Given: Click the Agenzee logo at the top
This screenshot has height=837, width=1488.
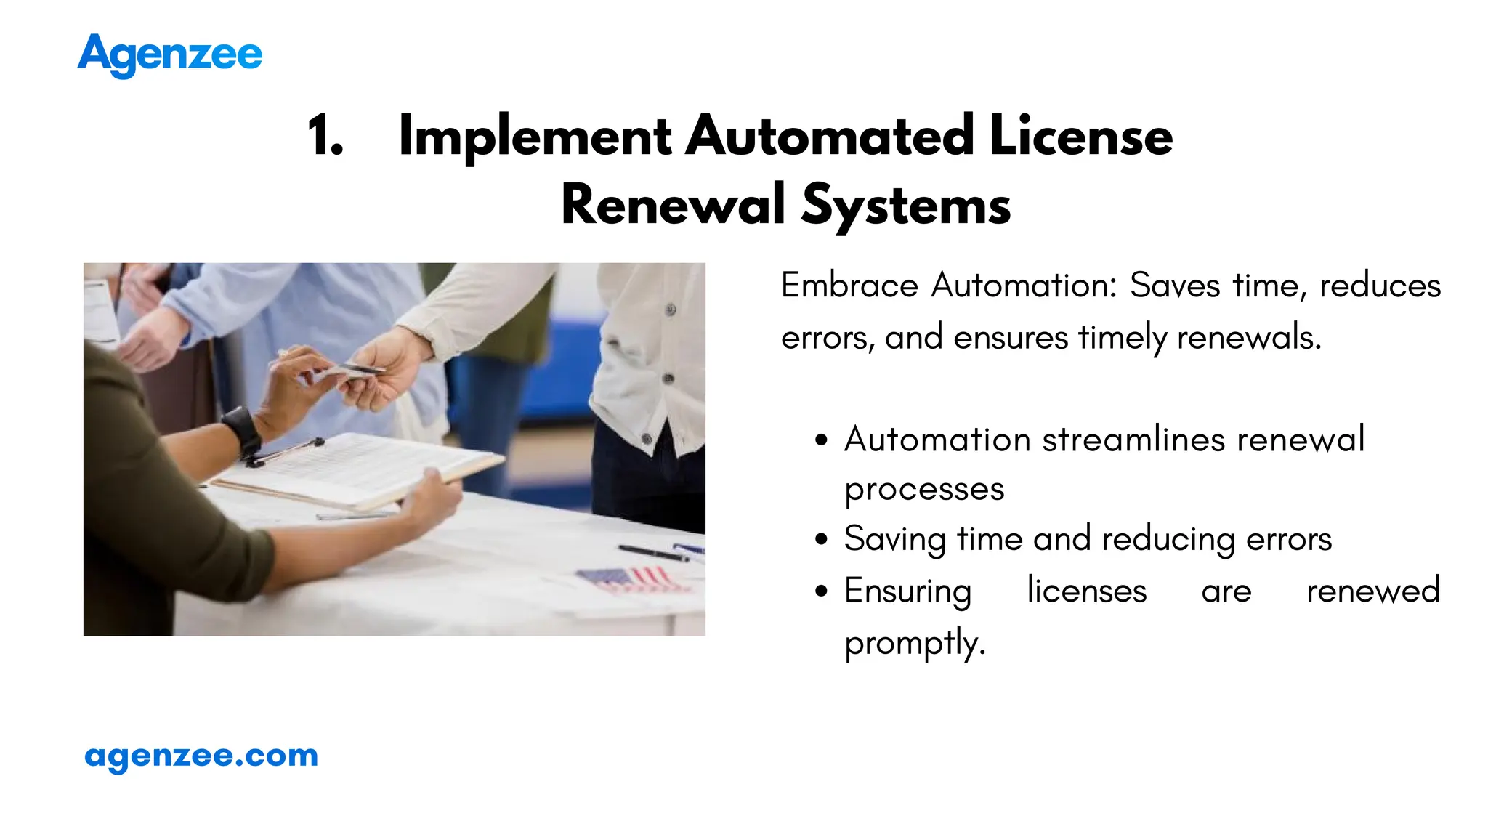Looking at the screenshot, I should click(170, 55).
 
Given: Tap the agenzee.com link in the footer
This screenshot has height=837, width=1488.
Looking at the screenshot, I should click(201, 756).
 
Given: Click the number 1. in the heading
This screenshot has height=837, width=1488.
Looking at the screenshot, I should click(325, 136).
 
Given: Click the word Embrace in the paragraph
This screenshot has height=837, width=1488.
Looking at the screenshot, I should click(849, 285).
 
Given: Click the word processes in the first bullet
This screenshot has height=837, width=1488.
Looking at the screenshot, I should click(924, 490).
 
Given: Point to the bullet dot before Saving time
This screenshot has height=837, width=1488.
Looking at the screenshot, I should click(822, 540).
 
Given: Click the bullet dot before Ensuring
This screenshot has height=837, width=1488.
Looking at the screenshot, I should click(822, 591).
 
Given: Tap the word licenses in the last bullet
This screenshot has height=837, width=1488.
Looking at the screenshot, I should click(1086, 591).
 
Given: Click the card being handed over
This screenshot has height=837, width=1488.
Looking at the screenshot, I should click(356, 371).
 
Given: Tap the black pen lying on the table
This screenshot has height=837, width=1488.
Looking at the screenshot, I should click(652, 553).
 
